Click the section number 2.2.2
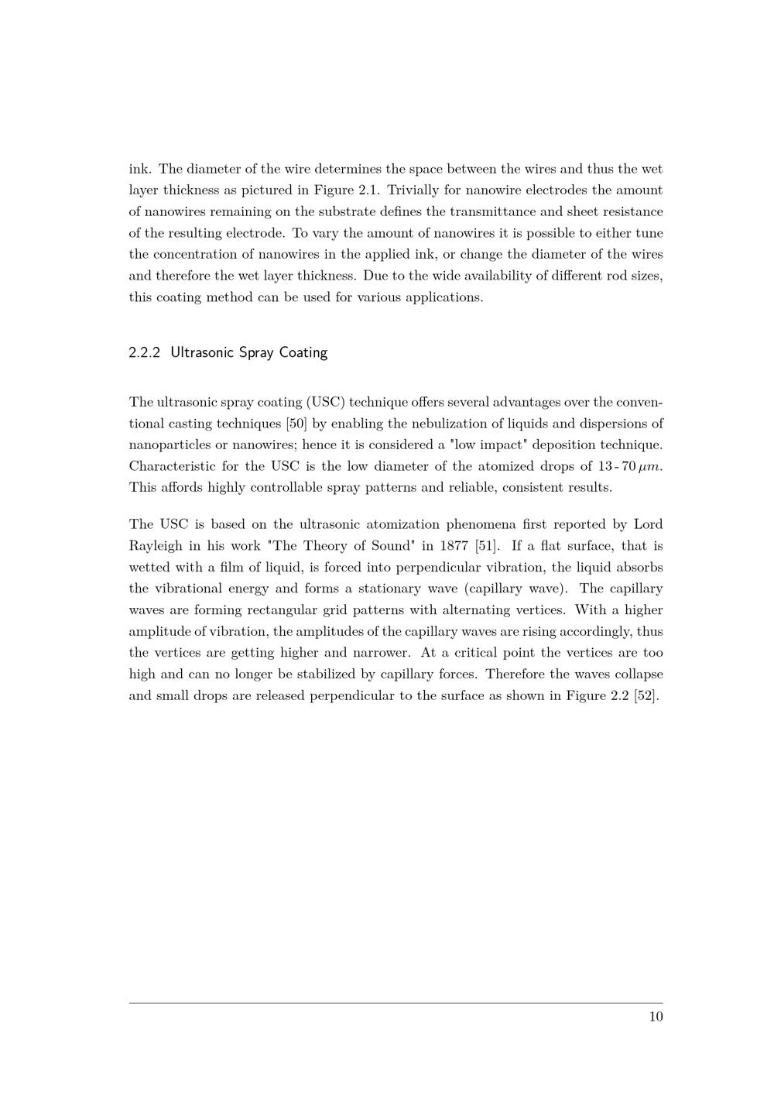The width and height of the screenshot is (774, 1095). [x=145, y=353]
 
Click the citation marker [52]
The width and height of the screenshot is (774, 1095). [x=646, y=695]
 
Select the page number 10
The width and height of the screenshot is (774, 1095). [x=656, y=1017]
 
